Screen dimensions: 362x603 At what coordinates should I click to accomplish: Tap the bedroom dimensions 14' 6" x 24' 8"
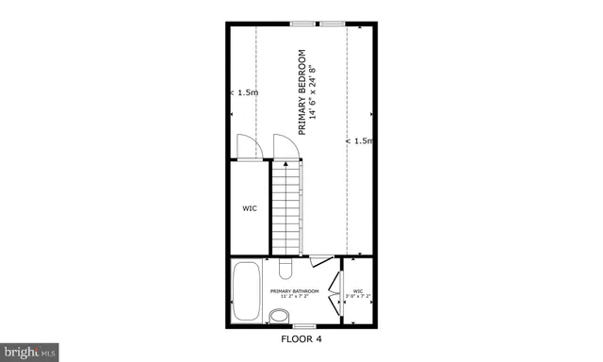(x=313, y=91)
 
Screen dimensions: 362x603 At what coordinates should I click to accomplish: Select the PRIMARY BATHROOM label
(x=294, y=290)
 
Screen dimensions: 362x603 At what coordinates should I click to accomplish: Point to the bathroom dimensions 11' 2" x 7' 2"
(x=294, y=297)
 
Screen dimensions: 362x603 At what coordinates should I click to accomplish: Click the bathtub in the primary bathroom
(x=248, y=291)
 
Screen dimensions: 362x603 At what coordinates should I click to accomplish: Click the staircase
(x=285, y=207)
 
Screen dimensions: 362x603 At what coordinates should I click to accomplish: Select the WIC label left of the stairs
(x=250, y=208)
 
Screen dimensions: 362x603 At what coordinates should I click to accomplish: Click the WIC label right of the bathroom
(x=358, y=290)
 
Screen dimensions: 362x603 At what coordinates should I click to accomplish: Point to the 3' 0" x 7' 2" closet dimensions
(x=358, y=297)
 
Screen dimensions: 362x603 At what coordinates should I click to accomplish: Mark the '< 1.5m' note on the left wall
(x=244, y=92)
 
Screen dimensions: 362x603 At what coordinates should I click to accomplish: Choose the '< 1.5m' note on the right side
(x=359, y=140)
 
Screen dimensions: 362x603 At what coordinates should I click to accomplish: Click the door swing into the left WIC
(x=246, y=147)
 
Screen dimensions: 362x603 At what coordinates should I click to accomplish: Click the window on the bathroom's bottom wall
(x=302, y=326)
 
